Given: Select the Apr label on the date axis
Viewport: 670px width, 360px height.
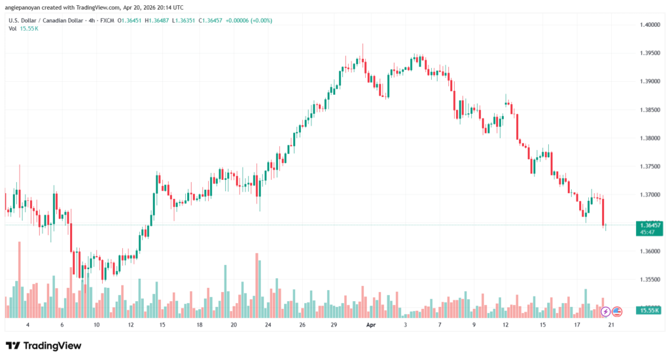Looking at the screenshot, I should click(x=370, y=325).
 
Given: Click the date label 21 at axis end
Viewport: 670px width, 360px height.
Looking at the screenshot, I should click(x=610, y=325).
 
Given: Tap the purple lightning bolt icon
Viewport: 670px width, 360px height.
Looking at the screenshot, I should click(x=605, y=312).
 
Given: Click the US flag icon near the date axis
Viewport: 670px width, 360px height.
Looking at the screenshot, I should click(x=616, y=312).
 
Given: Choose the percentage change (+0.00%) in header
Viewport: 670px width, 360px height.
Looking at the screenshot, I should click(x=258, y=20).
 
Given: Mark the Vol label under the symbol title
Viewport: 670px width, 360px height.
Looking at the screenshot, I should click(x=12, y=29).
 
